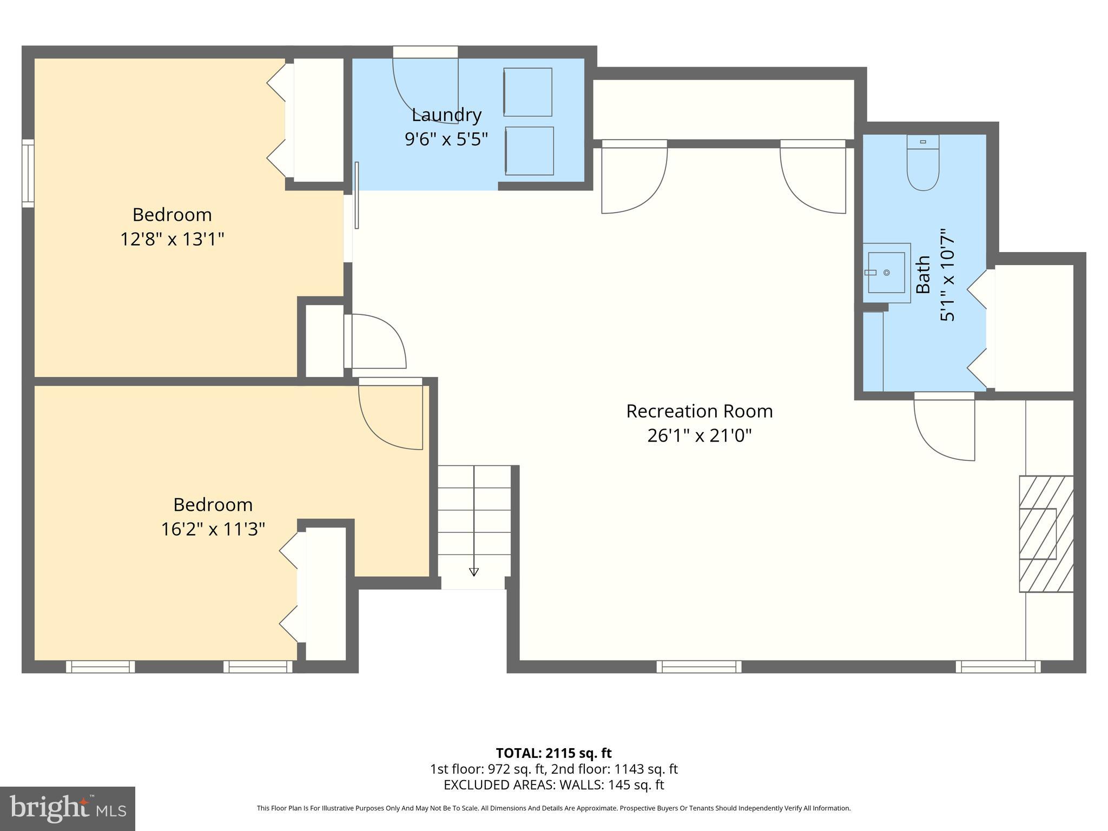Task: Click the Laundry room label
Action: (x=446, y=115)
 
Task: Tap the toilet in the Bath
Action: (x=923, y=165)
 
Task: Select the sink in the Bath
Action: (x=886, y=273)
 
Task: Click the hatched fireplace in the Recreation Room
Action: (x=1046, y=533)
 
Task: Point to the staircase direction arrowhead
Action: (x=474, y=572)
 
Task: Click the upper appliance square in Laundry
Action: (x=527, y=92)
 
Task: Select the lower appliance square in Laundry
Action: (x=529, y=151)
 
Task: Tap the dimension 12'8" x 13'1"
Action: (x=172, y=239)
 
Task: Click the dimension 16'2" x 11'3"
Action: (x=213, y=529)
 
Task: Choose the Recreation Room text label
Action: (x=699, y=411)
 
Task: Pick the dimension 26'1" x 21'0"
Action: (x=699, y=436)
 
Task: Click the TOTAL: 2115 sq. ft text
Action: (x=553, y=753)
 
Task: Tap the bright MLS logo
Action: (x=68, y=809)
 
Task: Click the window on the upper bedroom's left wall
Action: (x=28, y=173)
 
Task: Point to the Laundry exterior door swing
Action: (x=425, y=87)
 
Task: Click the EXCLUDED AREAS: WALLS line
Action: (x=553, y=785)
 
